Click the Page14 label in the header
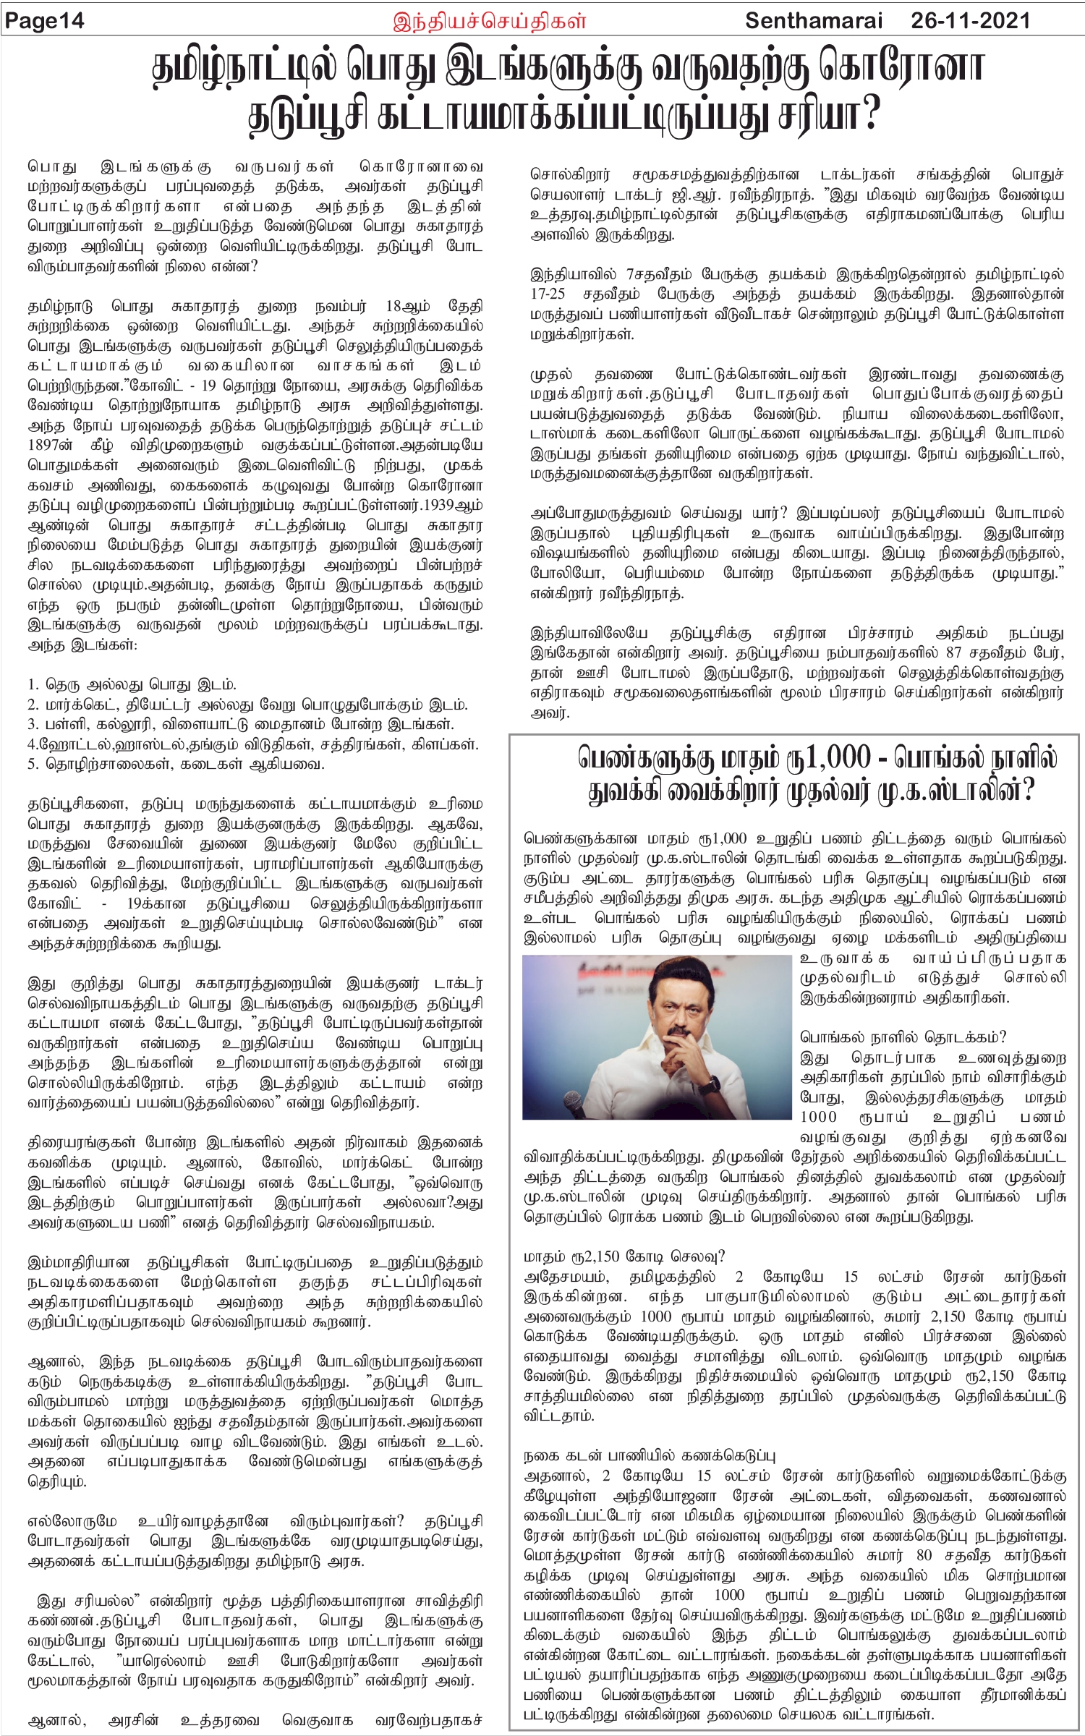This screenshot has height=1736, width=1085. click(45, 21)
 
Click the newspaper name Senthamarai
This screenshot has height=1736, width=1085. click(814, 20)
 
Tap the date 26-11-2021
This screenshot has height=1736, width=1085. click(970, 20)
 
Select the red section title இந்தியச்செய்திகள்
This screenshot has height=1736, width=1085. click(489, 21)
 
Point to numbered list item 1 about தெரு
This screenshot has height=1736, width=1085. click(132, 684)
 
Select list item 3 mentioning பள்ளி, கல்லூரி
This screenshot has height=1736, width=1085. click(240, 723)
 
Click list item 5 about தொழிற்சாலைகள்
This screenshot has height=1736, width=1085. click(176, 763)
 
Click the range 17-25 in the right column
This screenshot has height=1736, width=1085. click(548, 294)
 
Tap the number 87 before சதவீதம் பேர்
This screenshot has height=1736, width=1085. click(954, 652)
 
